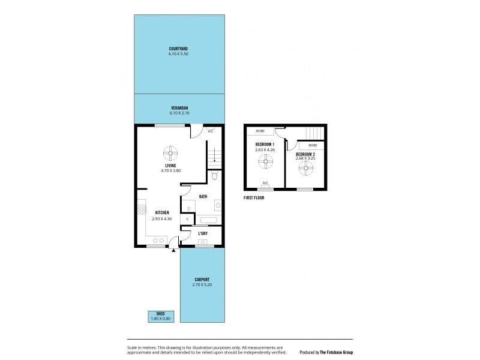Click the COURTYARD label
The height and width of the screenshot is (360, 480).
coord(178,49)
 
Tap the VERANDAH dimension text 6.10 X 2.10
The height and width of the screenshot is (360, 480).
coord(178,113)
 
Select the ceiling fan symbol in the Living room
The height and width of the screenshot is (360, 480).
coord(170,152)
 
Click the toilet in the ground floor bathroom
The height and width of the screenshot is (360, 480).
coord(215,176)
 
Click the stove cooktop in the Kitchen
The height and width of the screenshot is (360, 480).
coord(142,209)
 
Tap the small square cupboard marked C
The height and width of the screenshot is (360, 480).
coord(187,220)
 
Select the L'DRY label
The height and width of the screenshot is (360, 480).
coord(203,234)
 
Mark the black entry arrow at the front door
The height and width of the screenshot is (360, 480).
coord(174,251)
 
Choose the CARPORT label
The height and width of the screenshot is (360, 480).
coord(202,279)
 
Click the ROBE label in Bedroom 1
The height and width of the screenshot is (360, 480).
coord(260,131)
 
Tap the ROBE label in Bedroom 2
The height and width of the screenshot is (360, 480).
coord(313,146)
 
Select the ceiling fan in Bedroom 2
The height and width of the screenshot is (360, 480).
coord(305,169)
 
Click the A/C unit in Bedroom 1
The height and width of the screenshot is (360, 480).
coord(265,184)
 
